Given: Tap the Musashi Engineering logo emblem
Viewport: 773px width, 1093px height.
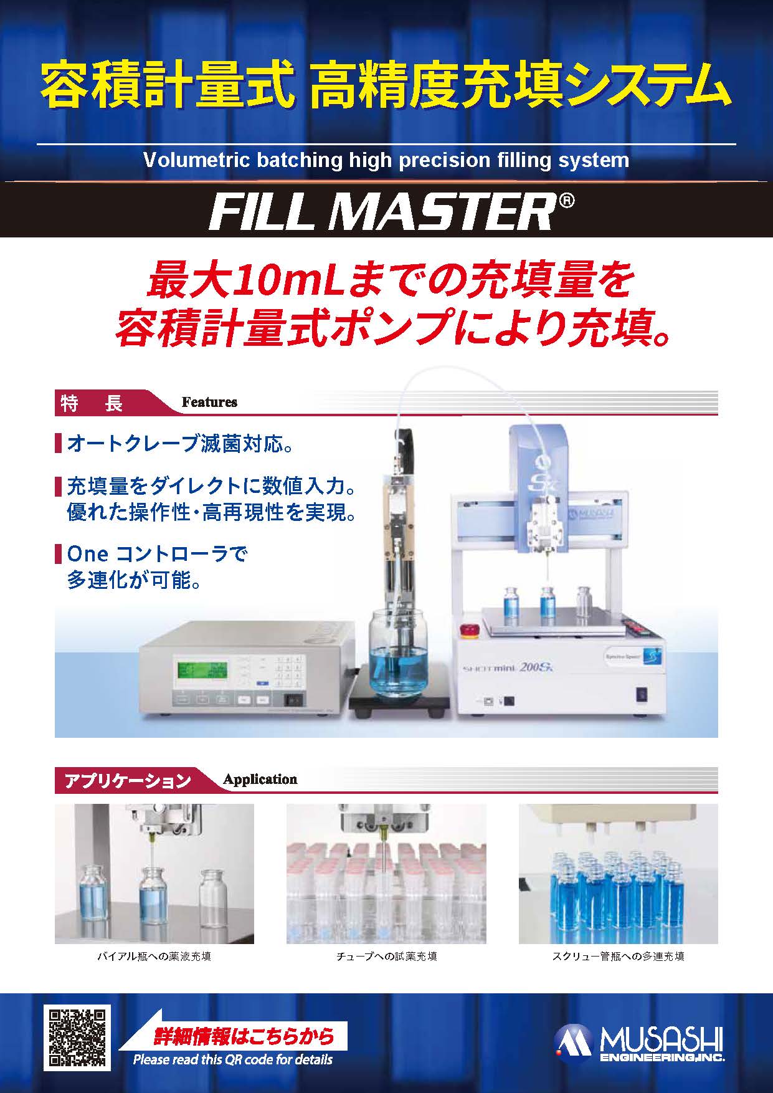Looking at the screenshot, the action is click(575, 1044).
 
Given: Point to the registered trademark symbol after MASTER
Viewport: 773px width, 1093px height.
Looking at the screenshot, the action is click(564, 201).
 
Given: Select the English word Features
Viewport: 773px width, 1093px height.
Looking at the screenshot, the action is click(209, 403).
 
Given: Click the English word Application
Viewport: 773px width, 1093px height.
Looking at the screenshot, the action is click(260, 780).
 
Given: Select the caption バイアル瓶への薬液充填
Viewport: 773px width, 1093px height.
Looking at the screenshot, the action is click(154, 956).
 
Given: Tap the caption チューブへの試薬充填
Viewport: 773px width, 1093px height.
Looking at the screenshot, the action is click(386, 956).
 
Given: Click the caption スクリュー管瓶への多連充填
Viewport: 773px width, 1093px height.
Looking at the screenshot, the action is click(618, 956).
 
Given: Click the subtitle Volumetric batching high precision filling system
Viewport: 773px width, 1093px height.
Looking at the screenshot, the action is click(386, 160).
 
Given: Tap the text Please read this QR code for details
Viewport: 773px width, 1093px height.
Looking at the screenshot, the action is click(233, 1059).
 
